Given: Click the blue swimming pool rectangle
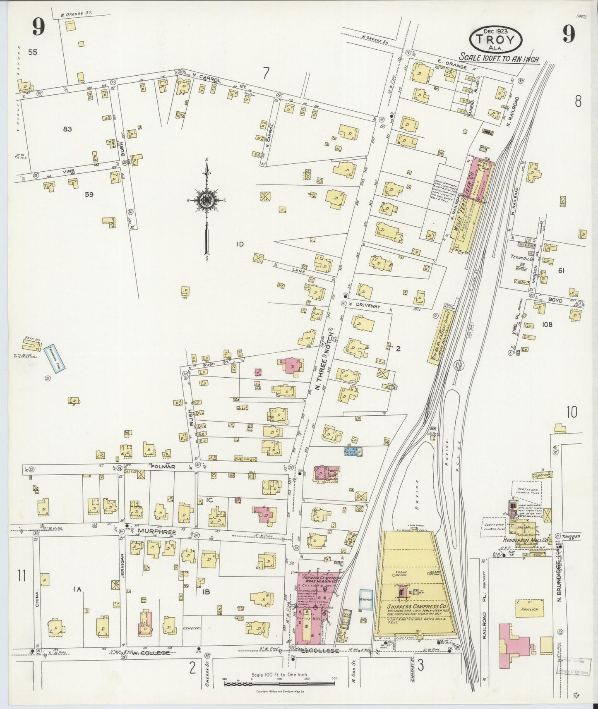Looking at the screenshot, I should click(x=53, y=358).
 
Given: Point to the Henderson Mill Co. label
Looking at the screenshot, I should click(x=525, y=540).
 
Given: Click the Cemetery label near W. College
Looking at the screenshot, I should click(x=192, y=640).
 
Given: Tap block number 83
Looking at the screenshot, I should click(x=67, y=129).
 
